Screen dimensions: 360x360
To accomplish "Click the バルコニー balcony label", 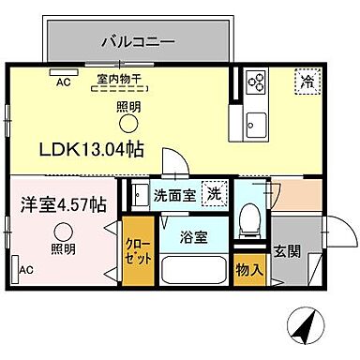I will (x=138, y=41).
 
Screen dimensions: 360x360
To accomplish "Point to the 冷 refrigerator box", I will (x=305, y=82).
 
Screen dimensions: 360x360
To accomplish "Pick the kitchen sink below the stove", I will (x=255, y=120).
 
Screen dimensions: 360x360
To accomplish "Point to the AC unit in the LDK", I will (x=64, y=72).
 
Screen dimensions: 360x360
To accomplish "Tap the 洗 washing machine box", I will (x=215, y=194).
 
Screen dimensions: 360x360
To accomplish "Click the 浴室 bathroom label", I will (x=196, y=234).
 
